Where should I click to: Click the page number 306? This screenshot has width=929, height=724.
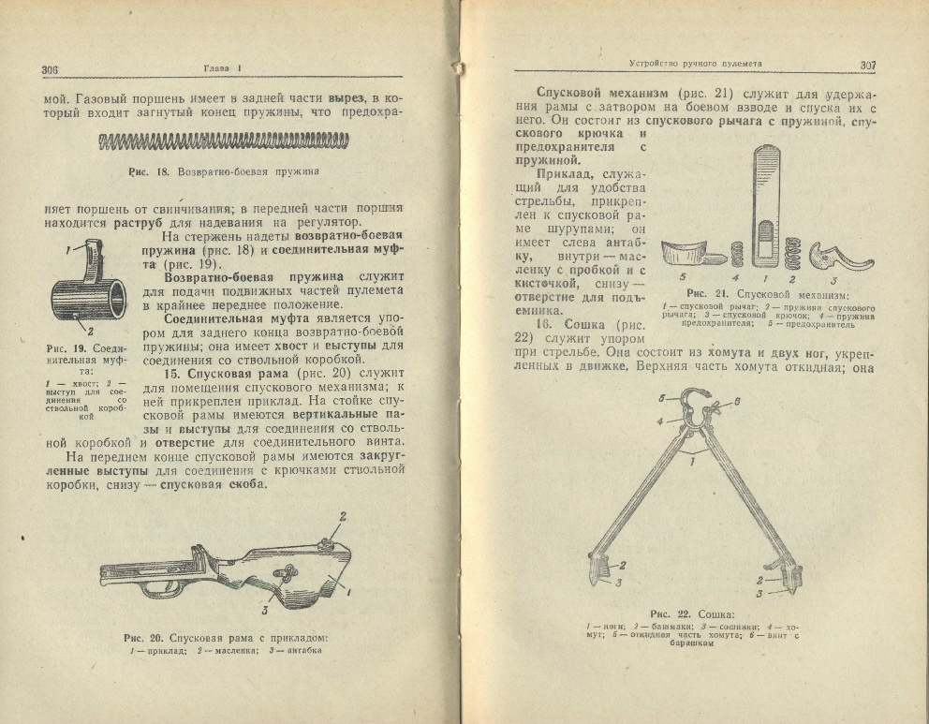tap(51, 69)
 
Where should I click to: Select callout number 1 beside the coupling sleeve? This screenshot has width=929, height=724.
tap(67, 250)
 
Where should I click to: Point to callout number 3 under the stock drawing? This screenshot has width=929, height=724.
tap(266, 611)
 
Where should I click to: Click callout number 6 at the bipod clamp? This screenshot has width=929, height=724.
tap(737, 400)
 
